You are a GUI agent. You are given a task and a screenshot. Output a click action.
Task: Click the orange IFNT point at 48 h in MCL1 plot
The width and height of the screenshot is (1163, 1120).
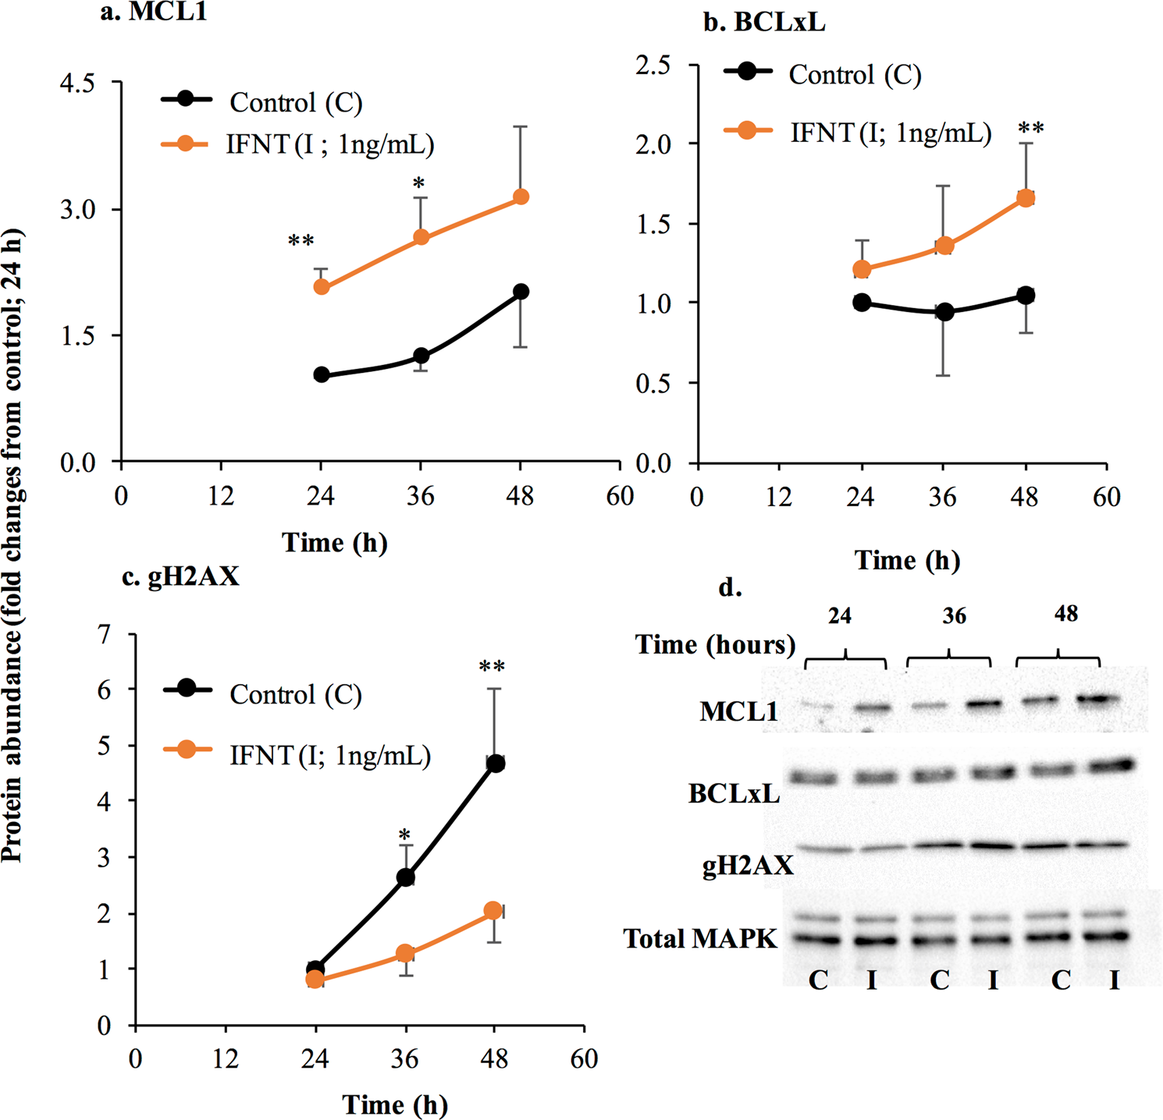(521, 197)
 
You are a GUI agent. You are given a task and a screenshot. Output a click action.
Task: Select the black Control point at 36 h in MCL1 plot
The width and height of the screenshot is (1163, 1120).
(421, 356)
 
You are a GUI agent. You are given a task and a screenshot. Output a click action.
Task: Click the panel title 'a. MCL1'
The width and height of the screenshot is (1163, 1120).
(154, 12)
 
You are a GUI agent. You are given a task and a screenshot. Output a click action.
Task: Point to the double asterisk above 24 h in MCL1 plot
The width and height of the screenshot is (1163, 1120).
(301, 242)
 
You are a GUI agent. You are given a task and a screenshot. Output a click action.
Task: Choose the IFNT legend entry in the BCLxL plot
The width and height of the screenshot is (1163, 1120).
(859, 133)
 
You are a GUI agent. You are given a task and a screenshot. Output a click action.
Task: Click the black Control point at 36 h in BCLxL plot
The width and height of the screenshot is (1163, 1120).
(944, 312)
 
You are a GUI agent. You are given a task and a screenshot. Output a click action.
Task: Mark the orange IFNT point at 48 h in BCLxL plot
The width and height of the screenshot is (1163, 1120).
(1026, 198)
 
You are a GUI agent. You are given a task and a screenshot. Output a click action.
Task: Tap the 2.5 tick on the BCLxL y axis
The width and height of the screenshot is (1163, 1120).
(653, 65)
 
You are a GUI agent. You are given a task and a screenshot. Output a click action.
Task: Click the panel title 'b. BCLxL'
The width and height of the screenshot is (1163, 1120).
(764, 23)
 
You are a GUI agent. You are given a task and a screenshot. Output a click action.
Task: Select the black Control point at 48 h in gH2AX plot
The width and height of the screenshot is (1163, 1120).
(495, 764)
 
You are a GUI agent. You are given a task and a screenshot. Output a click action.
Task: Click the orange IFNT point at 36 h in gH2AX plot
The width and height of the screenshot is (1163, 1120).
(404, 953)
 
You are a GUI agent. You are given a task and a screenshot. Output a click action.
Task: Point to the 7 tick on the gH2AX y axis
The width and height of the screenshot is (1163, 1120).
(105, 634)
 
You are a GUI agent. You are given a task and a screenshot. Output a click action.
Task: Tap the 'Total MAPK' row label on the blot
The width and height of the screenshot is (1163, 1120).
(700, 938)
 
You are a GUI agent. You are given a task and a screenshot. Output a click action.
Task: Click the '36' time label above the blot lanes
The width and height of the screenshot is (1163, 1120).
(954, 616)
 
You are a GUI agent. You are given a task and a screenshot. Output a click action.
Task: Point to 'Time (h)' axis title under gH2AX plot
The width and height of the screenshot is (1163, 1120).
(395, 1104)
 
